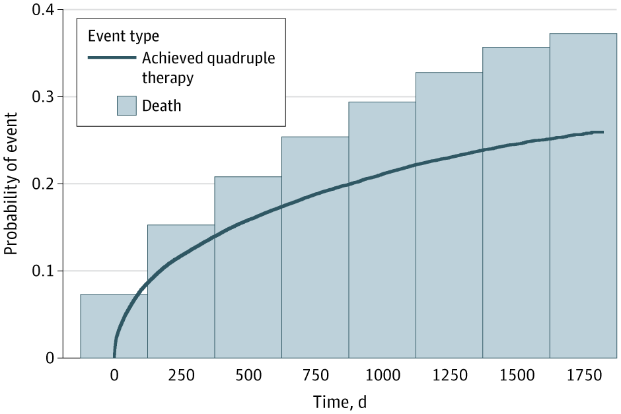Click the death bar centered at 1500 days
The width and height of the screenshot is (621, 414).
(x=516, y=219)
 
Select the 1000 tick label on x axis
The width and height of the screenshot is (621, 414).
(x=382, y=376)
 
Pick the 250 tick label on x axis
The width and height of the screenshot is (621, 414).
(x=181, y=376)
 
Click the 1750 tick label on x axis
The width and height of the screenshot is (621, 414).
(x=583, y=376)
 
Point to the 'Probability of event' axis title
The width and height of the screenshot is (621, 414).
(x=11, y=184)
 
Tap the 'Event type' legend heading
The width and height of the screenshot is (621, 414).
(x=124, y=34)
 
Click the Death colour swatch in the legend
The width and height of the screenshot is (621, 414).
(x=126, y=106)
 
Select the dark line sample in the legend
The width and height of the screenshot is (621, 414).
(x=112, y=57)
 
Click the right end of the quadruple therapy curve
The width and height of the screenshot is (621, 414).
(x=603, y=132)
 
